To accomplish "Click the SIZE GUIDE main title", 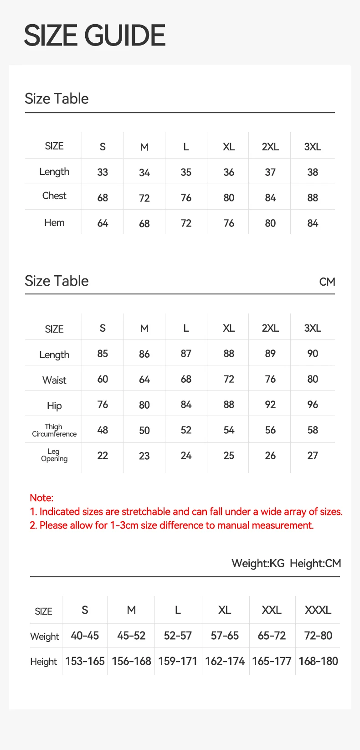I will coord(94,36).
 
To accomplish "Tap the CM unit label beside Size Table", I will coord(327,282).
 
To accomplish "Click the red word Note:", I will coord(41,498).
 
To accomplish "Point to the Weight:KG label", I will coord(258,564).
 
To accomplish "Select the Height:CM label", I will coord(315,564).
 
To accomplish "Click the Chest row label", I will coord(54,196).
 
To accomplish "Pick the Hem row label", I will coord(54,223).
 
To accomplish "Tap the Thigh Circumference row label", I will coord(54,430).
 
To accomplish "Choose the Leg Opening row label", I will coord(54,455).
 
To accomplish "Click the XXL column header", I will coord(272,610).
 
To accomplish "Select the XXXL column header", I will coord(318,610).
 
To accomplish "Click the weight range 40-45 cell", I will coord(85,636).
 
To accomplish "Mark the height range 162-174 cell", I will coord(225,661).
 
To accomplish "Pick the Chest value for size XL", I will coord(229,198).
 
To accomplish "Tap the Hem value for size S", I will coord(103,223).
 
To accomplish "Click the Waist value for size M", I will coord(144,380).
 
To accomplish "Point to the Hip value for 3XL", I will coord(313,405).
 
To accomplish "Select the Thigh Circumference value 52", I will coord(186,430).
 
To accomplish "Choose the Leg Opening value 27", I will coord(313,456).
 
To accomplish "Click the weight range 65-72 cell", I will coord(272,636).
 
